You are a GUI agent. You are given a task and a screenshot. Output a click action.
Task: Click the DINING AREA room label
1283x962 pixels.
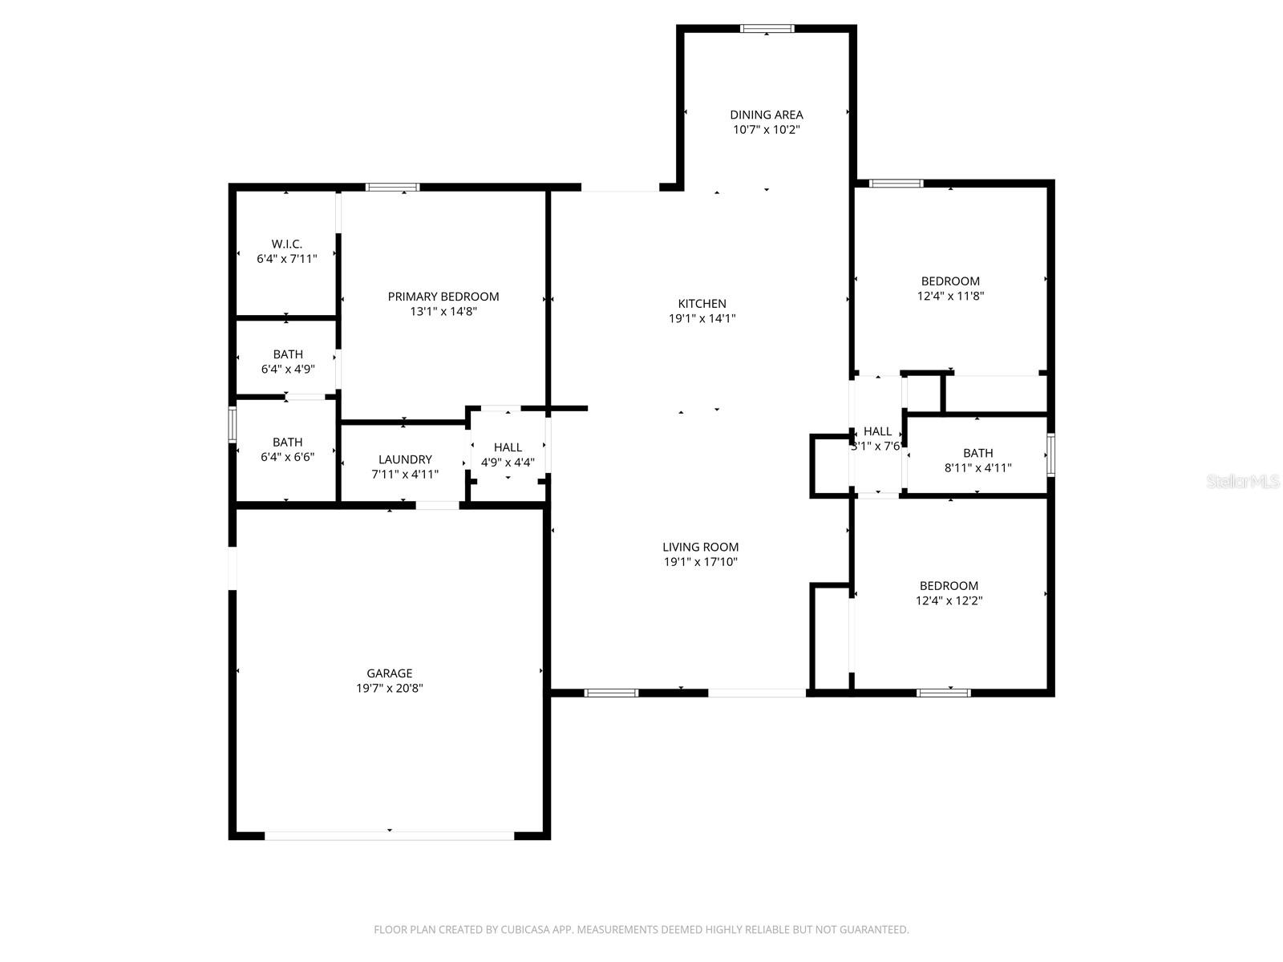(766, 115)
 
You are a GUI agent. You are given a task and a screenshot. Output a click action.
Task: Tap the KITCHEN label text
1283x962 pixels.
(702, 304)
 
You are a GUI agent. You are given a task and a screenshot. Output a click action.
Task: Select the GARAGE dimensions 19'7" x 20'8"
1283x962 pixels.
(390, 688)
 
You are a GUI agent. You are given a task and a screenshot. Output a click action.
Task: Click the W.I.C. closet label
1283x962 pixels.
(286, 244)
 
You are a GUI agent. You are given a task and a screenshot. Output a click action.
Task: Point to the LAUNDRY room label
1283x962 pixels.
(405, 459)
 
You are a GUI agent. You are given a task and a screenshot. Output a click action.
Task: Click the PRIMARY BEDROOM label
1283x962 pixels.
(443, 297)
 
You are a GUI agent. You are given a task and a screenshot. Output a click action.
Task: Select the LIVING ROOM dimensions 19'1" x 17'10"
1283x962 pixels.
(700, 562)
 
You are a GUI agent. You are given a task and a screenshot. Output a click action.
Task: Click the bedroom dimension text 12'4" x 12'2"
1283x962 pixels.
(949, 600)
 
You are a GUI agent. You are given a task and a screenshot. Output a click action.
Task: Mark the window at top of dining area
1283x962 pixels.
(767, 29)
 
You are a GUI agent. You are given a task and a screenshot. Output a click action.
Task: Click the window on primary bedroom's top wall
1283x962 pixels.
(392, 188)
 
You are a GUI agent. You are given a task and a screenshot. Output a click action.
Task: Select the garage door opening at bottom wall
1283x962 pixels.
(389, 835)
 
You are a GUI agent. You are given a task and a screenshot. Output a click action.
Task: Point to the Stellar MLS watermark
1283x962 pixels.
(1242, 482)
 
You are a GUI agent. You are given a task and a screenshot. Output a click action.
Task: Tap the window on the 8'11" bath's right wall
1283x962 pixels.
(1050, 455)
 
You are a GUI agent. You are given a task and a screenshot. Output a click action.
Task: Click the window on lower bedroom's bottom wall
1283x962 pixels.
(943, 693)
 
